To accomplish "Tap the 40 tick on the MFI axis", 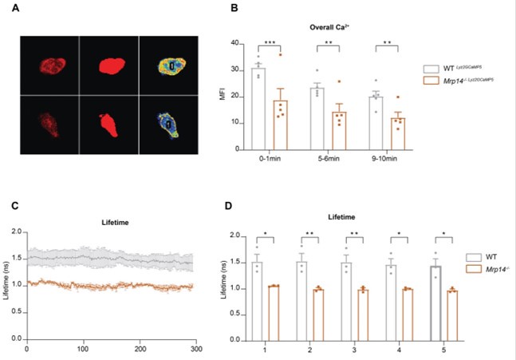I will (239, 43).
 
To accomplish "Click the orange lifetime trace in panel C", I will (120, 286).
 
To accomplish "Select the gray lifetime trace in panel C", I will (120, 258).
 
